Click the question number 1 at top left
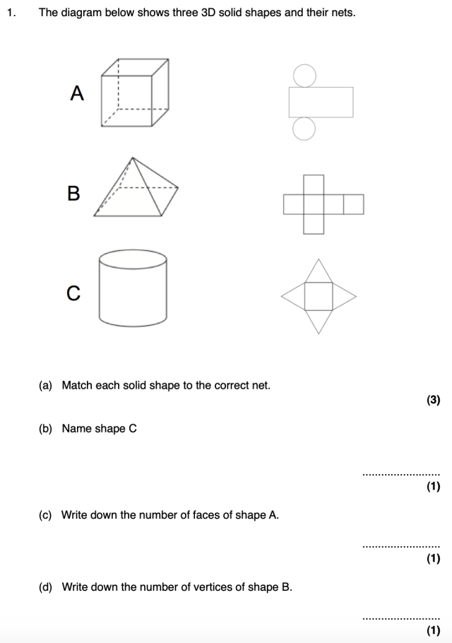point(10,13)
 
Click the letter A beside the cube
point(77,93)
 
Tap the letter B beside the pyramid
point(73,193)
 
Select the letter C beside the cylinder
point(73,293)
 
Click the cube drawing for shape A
point(135,93)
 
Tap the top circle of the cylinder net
point(304,76)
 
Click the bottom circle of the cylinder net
point(304,129)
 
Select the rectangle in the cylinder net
point(320,102)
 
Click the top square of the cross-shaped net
point(314,184)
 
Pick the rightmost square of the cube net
point(353,204)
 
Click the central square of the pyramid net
point(319,296)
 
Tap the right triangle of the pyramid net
point(343,296)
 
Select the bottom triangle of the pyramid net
point(319,321)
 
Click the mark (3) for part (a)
point(433,400)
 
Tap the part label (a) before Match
point(46,386)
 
